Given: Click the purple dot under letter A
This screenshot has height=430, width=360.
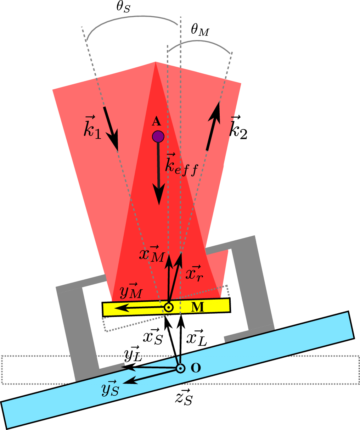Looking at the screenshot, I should point(158,136).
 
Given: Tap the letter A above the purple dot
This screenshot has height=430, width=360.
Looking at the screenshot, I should point(156,122).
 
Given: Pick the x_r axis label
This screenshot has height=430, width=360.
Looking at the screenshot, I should point(194,273).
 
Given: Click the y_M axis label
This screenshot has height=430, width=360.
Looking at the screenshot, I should point(131,291).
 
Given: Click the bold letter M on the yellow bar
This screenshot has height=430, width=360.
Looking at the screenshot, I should point(197,307).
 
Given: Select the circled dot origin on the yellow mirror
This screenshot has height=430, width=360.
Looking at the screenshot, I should point(169,307).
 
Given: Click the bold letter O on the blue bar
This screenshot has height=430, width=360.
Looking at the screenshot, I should point(196,368).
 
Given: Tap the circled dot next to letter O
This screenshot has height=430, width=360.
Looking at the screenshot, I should point(180,369).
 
